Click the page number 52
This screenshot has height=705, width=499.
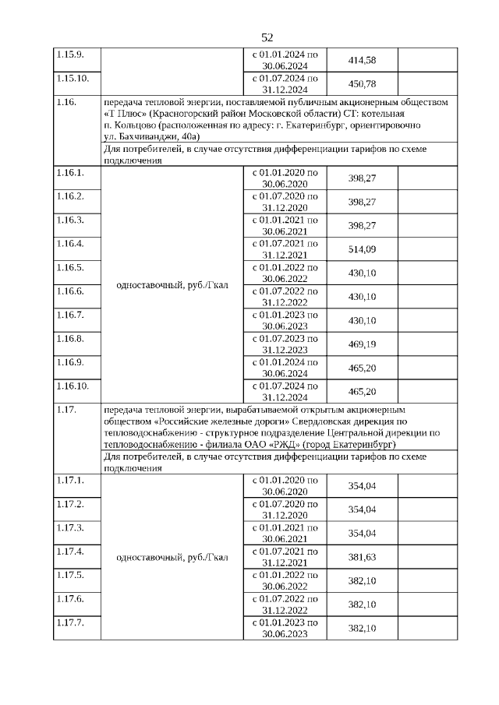pos(267,37)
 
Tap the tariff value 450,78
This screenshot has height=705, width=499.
pos(361,84)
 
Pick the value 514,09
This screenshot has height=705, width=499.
pos(361,249)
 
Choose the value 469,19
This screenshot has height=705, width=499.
pos(361,343)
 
